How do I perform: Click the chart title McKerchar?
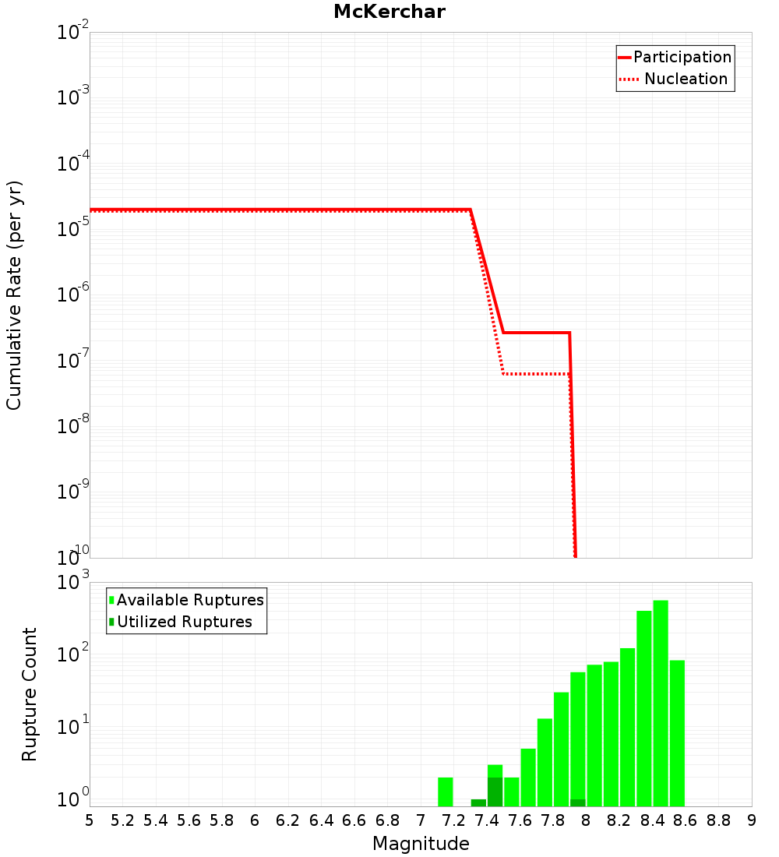point(389,12)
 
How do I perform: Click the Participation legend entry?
point(682,57)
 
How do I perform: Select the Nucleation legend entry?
point(686,79)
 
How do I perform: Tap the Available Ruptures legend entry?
point(190,600)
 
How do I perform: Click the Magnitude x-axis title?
point(421,844)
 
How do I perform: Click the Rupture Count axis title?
point(30,693)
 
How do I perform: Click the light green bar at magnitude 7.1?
point(445,792)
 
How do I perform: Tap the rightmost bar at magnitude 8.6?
point(677,732)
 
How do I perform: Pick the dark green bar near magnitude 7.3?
point(478,802)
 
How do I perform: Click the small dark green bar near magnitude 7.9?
point(577,802)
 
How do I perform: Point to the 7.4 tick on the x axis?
point(487,820)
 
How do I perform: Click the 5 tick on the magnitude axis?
point(90,820)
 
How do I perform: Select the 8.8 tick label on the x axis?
point(718,820)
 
